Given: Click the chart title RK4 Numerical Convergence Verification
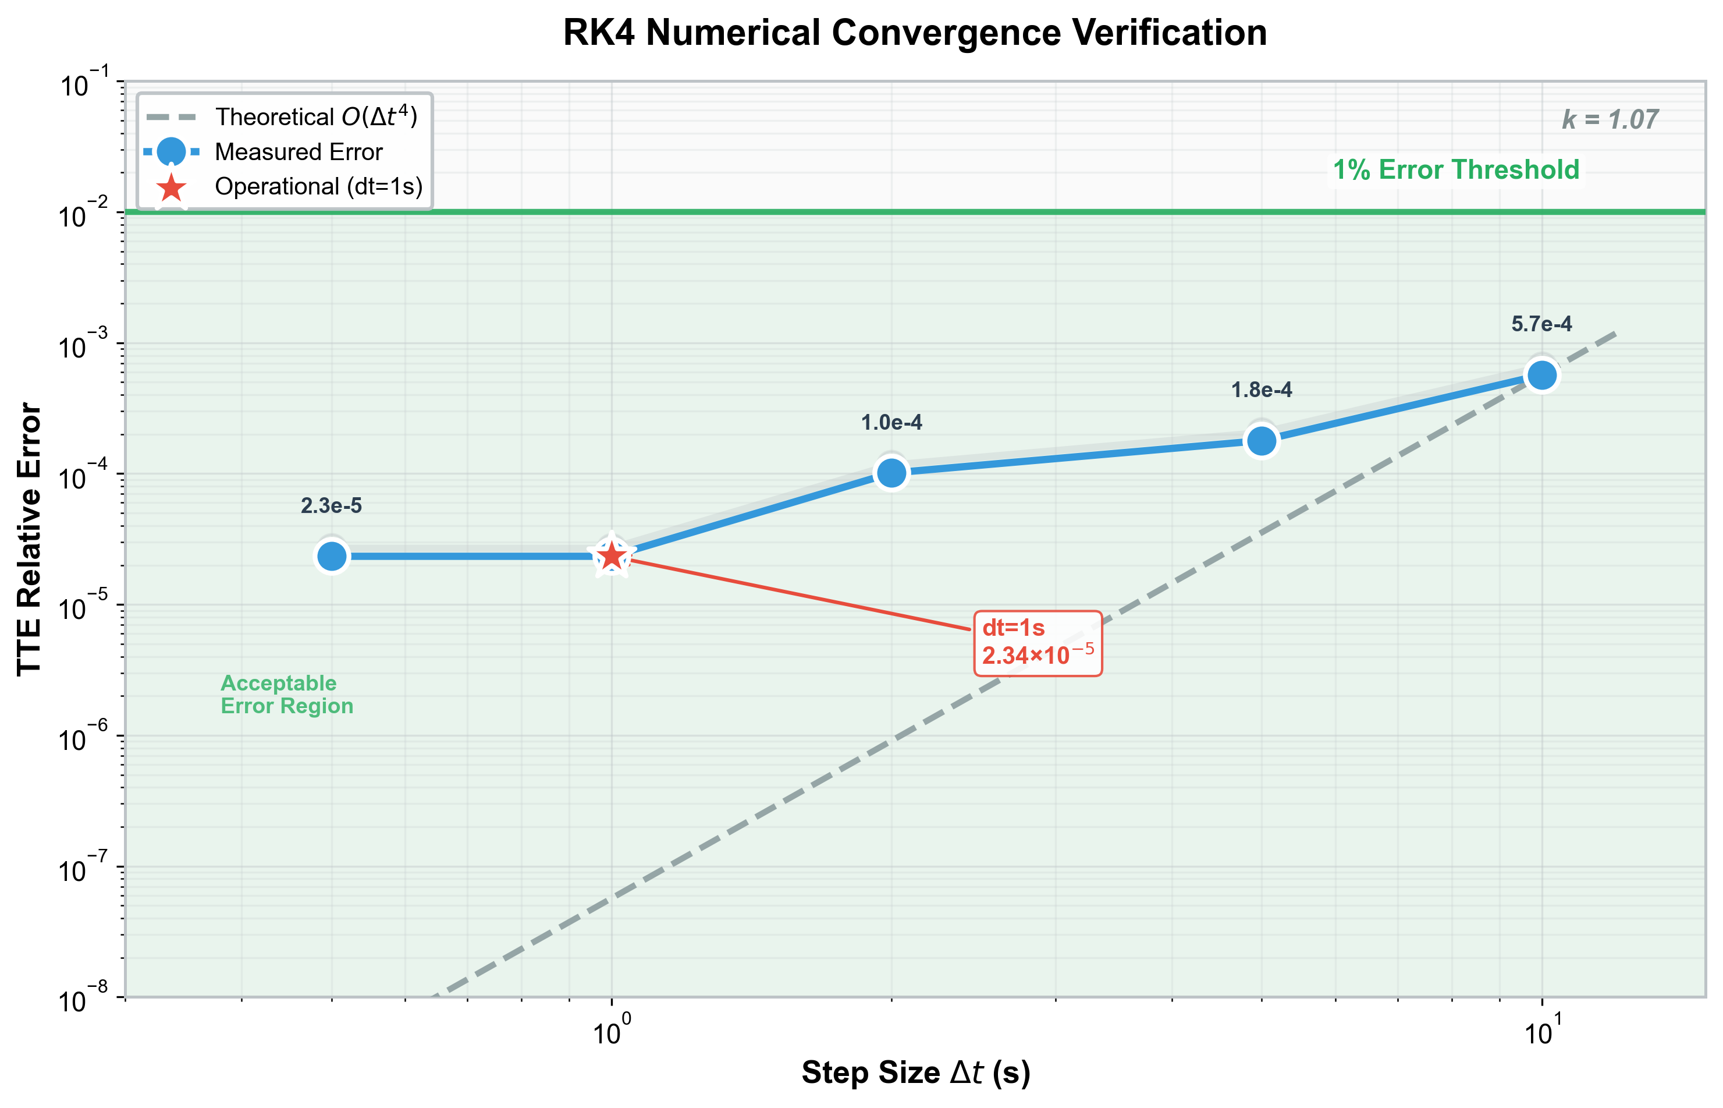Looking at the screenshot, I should [x=914, y=33].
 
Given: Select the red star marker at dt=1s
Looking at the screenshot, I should [x=611, y=556].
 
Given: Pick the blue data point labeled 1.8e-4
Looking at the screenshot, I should [x=1262, y=440].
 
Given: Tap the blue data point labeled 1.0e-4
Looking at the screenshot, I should [x=891, y=473].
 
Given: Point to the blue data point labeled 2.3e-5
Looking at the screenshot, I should [x=332, y=556].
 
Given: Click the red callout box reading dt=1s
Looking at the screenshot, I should [x=1037, y=643].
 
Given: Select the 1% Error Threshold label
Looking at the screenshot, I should [x=1455, y=170].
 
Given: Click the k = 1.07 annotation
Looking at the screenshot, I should [x=1610, y=119].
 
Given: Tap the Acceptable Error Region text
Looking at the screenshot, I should [x=286, y=694].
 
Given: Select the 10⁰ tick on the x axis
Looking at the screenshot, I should [x=611, y=1032].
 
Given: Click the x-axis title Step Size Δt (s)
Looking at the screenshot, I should [x=915, y=1072].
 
